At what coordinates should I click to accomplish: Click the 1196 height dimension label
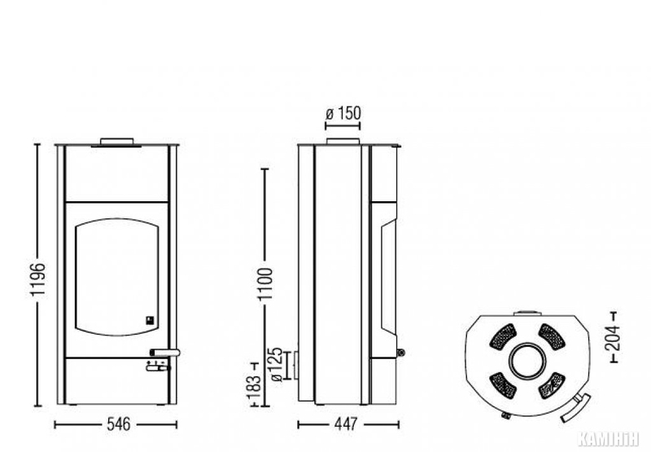[x=37, y=279]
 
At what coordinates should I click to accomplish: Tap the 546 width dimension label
[x=119, y=424]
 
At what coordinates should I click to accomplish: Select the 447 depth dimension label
[x=345, y=424]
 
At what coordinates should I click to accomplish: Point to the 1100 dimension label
[x=265, y=283]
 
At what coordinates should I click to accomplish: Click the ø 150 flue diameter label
[x=343, y=113]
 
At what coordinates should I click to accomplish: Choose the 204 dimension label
[x=615, y=338]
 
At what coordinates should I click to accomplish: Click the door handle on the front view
[x=165, y=353]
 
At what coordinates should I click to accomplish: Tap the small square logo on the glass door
[x=150, y=320]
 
